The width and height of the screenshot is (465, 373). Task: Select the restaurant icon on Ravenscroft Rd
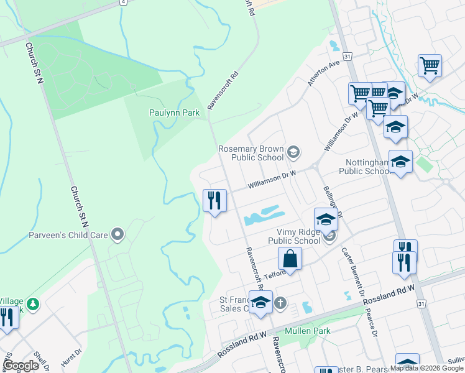(x=214, y=201)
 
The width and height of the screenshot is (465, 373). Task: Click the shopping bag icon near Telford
(x=290, y=258)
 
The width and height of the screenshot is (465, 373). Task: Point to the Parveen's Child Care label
(x=68, y=235)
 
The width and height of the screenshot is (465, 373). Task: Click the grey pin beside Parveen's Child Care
(x=116, y=235)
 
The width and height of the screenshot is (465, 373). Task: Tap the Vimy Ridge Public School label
(x=294, y=236)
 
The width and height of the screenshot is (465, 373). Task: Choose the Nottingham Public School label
(x=367, y=167)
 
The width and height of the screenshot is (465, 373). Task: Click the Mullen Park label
(x=308, y=331)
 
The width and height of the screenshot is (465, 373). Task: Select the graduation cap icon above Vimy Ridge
(x=325, y=219)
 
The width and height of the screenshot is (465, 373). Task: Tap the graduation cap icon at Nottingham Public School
(x=400, y=162)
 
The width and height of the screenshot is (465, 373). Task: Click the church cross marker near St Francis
(x=280, y=303)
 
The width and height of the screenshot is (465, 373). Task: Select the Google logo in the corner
(x=21, y=366)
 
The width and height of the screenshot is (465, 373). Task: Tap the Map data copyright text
(x=426, y=368)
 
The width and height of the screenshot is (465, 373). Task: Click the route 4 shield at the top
(x=124, y=2)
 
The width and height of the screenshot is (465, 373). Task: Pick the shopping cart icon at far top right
(x=430, y=65)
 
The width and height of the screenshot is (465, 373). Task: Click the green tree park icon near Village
(x=32, y=304)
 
